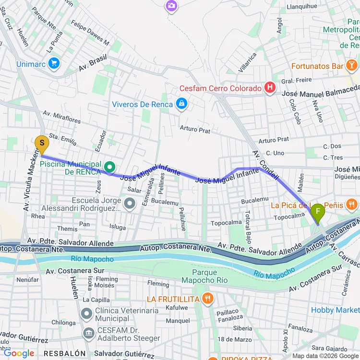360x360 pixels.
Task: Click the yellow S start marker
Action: pyautogui.click(x=42, y=144)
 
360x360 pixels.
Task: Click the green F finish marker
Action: pyautogui.click(x=317, y=212)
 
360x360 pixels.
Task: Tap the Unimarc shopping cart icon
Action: pyautogui.click(x=54, y=63)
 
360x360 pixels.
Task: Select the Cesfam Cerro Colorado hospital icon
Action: pyautogui.click(x=270, y=88)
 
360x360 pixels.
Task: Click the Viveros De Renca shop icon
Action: pyautogui.click(x=181, y=104)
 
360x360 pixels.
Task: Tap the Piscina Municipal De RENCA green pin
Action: pyautogui.click(x=110, y=167)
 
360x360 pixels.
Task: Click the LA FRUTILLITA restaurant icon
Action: pyautogui.click(x=207, y=299)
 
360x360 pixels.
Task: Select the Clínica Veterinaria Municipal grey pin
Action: pyautogui.click(x=87, y=314)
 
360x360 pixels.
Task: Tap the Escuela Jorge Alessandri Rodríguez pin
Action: pyautogui.click(x=129, y=204)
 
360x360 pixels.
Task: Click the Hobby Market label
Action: pyautogui.click(x=335, y=310)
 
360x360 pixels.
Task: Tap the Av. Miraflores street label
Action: pyautogui.click(x=61, y=116)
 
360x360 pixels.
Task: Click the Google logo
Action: pyautogui.click(x=19, y=353)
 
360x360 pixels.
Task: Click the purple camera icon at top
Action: pyautogui.click(x=171, y=6)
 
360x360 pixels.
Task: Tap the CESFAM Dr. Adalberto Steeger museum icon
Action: pyautogui.click(x=89, y=333)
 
